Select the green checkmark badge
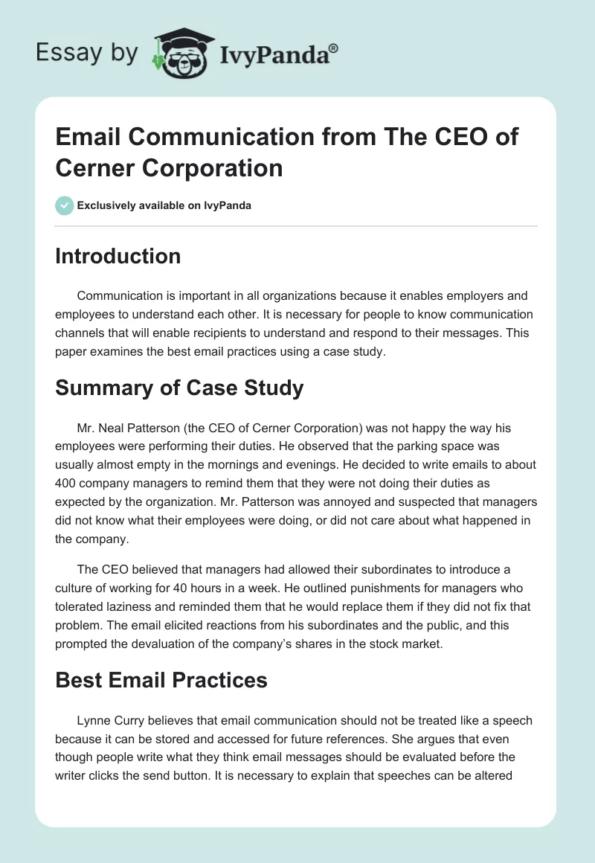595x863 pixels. coord(65,205)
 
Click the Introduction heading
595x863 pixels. coord(118,256)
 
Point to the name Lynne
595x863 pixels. coord(94,720)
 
